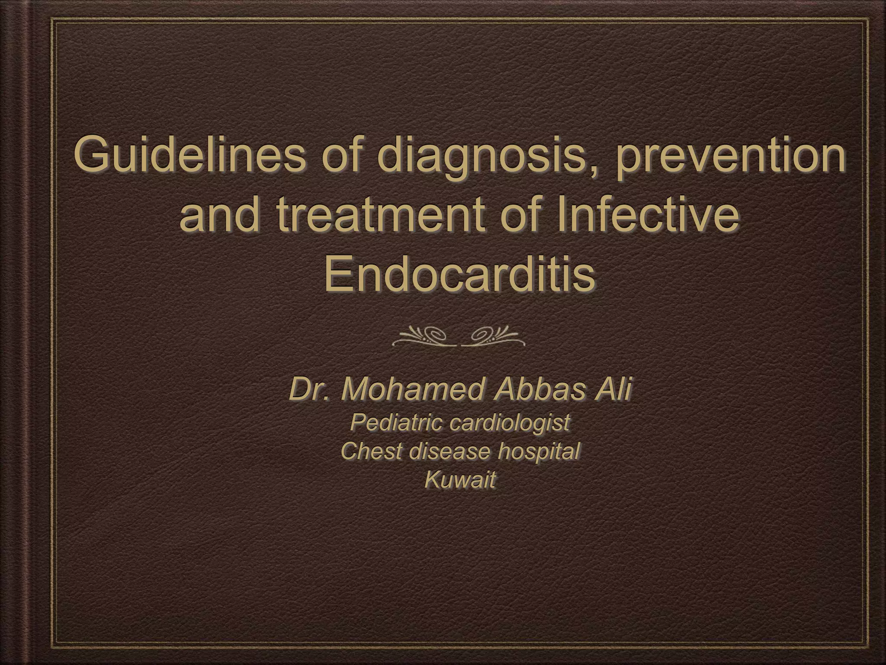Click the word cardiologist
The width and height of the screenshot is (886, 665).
click(509, 423)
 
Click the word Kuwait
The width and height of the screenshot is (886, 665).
click(459, 480)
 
